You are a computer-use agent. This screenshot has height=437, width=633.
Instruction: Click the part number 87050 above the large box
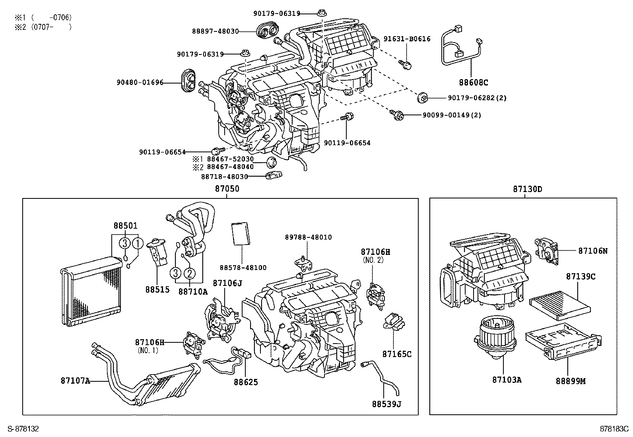pos(227,189)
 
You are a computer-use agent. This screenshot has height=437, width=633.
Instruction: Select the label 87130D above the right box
pos(527,189)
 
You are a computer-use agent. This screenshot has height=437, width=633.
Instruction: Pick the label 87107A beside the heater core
pos(75,381)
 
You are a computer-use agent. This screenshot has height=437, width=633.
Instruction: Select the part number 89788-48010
pos(308,237)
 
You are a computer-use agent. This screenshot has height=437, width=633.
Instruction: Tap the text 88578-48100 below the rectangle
pos(243,268)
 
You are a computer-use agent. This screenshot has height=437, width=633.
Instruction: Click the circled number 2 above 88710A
pos(190,273)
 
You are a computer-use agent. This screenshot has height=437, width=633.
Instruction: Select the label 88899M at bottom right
pos(571,381)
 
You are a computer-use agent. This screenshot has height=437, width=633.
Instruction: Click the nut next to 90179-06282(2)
pos(423,97)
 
